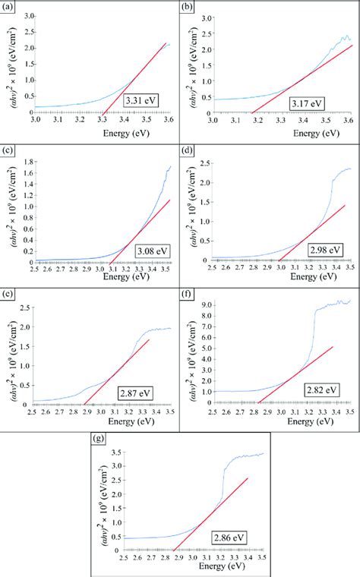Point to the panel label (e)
click(x=8, y=295)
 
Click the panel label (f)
click(x=187, y=295)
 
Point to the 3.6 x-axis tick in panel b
click(x=349, y=120)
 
